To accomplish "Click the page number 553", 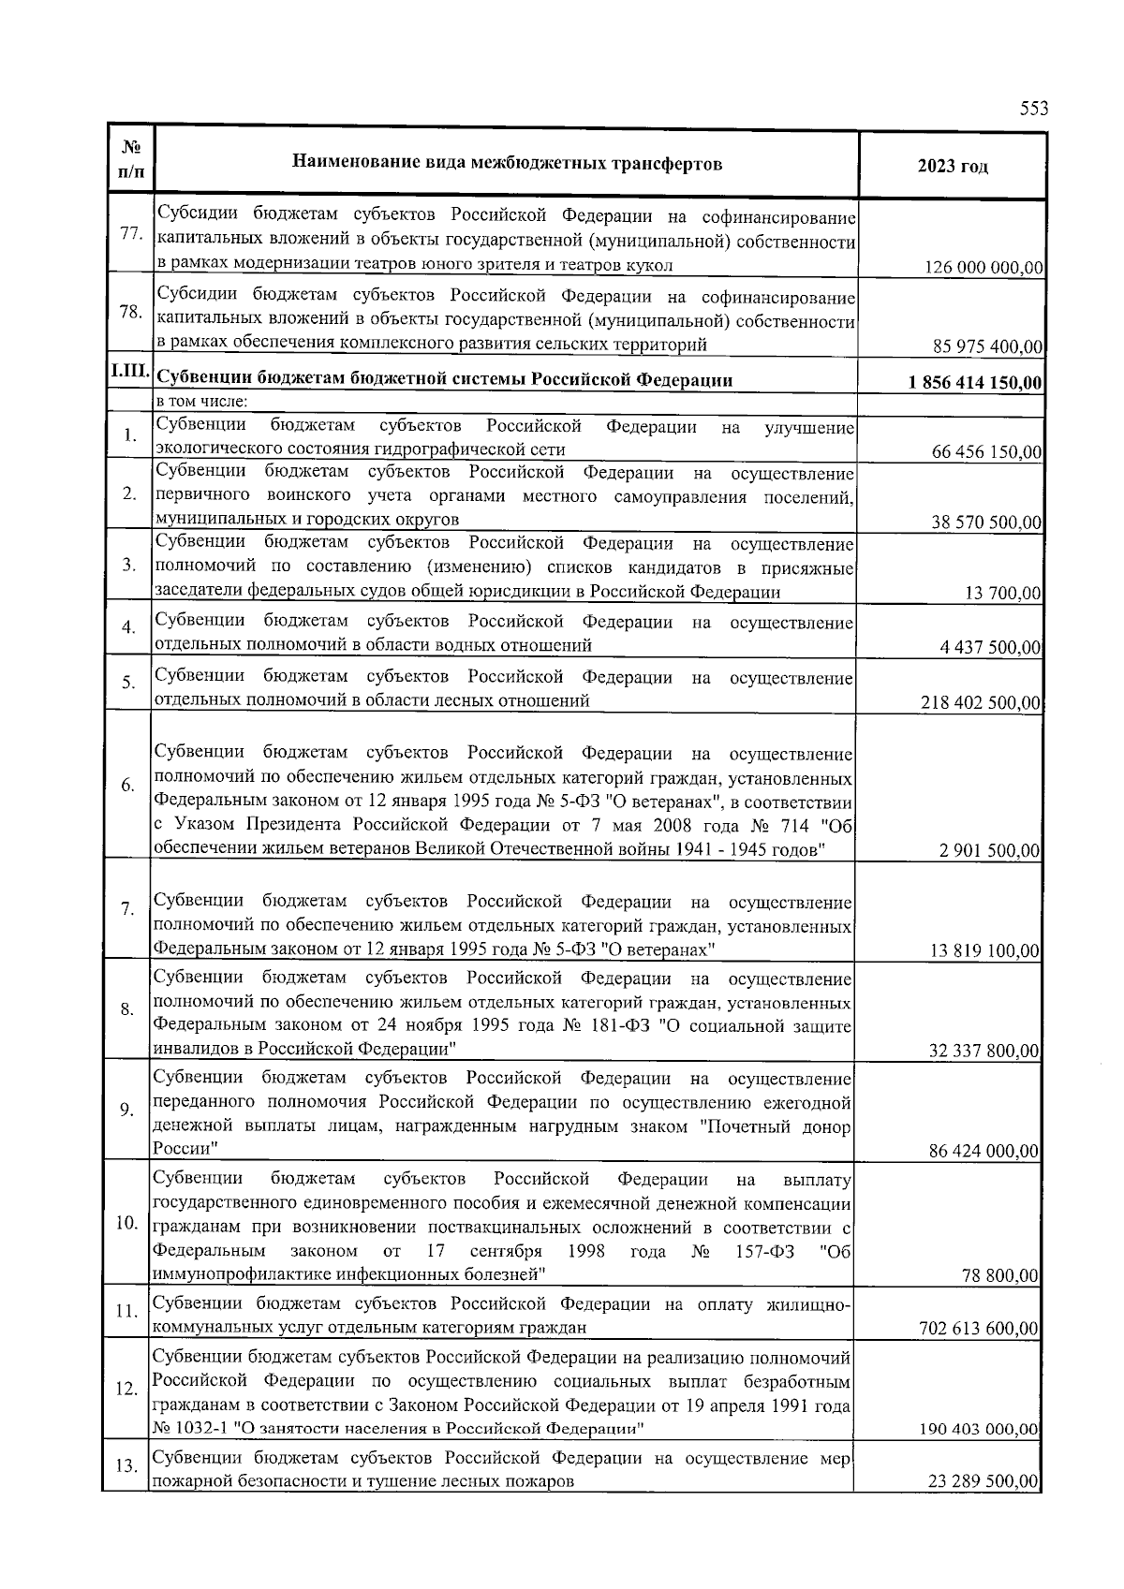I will coord(1033,109).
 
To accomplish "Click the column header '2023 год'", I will coord(953,166).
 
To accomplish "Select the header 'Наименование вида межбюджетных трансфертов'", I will coord(507,164).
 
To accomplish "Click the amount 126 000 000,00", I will coord(983,268).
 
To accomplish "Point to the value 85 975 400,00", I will coord(988,347).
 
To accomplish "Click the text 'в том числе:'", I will coord(201,403).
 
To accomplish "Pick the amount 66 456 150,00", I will coord(987,452).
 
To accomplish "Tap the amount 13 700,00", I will coord(1003,593).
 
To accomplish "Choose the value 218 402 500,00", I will coord(982,702).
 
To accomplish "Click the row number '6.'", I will coord(128,786).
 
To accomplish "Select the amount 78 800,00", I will coord(1001,1275).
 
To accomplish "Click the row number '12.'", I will coord(126,1389).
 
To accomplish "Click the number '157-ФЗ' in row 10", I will coord(761,1251).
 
